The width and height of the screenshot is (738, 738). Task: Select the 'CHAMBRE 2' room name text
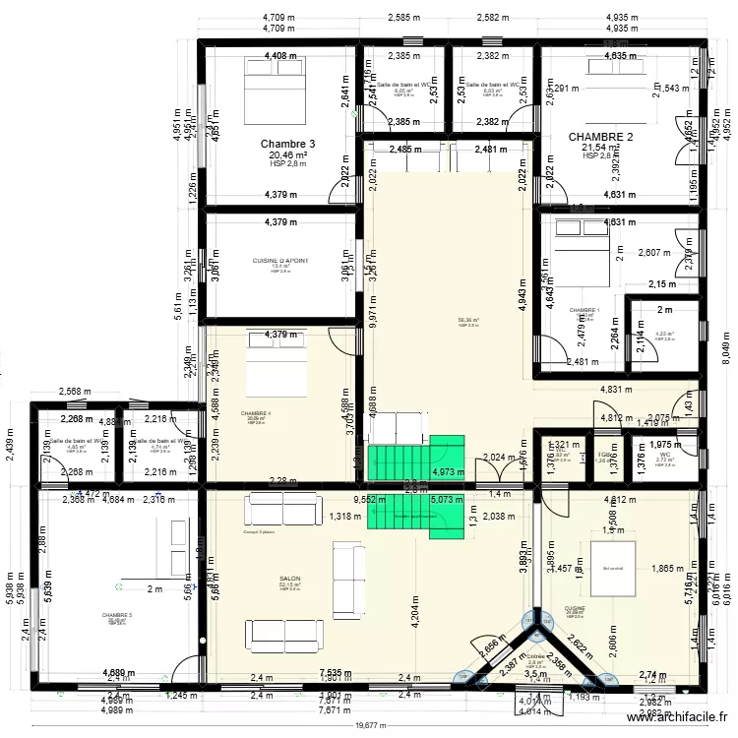point(600,137)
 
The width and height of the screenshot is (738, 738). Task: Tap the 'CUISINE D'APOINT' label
point(280,261)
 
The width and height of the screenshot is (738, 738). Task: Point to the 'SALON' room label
point(289,580)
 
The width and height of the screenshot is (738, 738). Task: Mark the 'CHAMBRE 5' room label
point(116,616)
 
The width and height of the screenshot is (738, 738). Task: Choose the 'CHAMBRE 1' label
point(584,310)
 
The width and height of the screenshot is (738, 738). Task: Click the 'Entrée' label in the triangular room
point(535,656)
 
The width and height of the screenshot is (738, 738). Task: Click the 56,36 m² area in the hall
point(467,320)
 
